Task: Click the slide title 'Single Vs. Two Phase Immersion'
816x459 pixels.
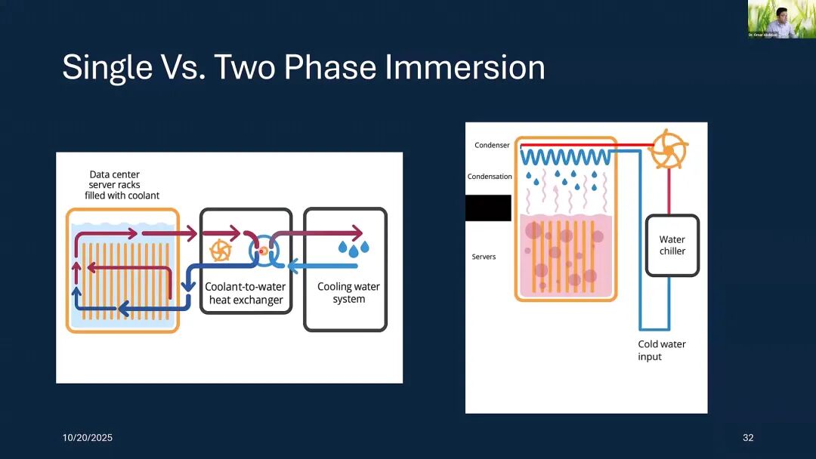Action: coord(303,67)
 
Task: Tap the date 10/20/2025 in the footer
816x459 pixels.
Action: coord(87,438)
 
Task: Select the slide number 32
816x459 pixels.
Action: coord(748,438)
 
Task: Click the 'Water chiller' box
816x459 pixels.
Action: coord(672,245)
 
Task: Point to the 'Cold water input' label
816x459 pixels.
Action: coord(662,350)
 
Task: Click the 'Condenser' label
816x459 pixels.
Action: coord(492,145)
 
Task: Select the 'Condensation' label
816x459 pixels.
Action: coord(490,177)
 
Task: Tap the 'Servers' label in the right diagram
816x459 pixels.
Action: coord(484,257)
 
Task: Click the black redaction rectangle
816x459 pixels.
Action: coord(488,208)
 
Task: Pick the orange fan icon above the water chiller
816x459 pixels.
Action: coord(668,149)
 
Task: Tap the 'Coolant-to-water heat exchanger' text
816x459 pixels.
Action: coord(246,294)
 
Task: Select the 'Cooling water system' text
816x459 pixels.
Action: coord(348,293)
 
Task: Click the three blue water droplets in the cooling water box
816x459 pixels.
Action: coord(354,247)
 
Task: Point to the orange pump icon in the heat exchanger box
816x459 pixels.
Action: coord(220,250)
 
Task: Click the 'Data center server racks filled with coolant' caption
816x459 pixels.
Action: coord(122,185)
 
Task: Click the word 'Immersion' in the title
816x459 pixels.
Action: coord(465,67)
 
